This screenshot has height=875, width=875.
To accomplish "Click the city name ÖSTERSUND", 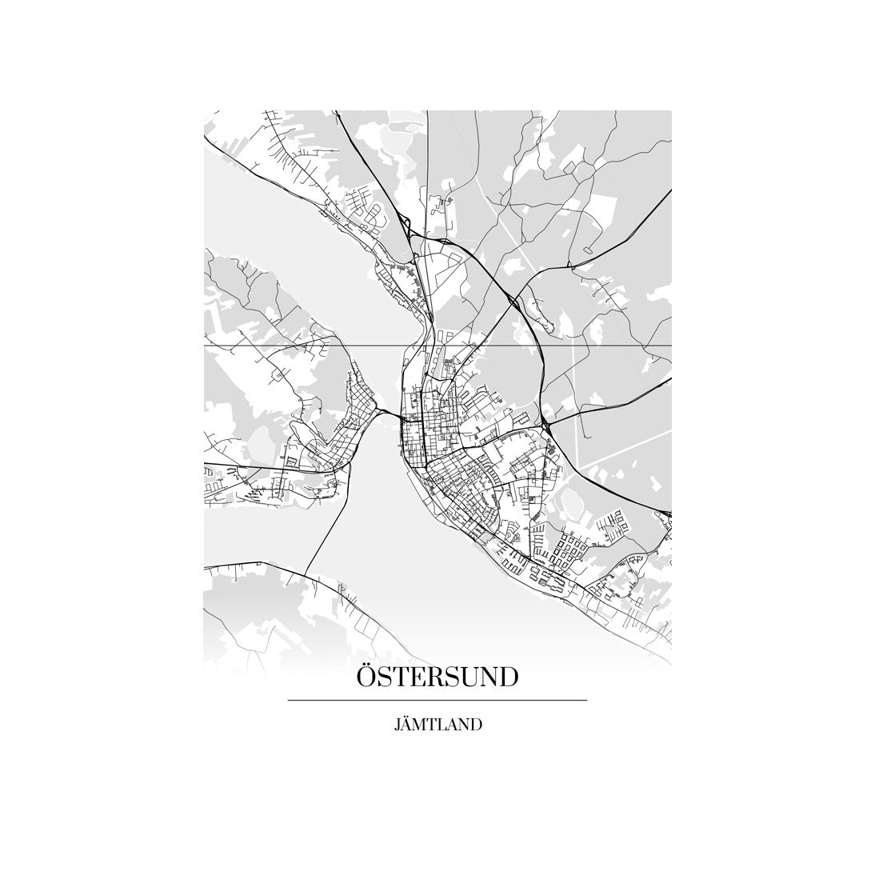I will click(437, 677).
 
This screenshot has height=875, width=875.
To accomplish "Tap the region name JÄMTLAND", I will click(437, 725).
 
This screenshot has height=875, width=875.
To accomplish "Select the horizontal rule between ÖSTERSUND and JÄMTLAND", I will click(437, 701).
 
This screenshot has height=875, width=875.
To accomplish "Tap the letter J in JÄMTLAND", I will click(397, 726).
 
